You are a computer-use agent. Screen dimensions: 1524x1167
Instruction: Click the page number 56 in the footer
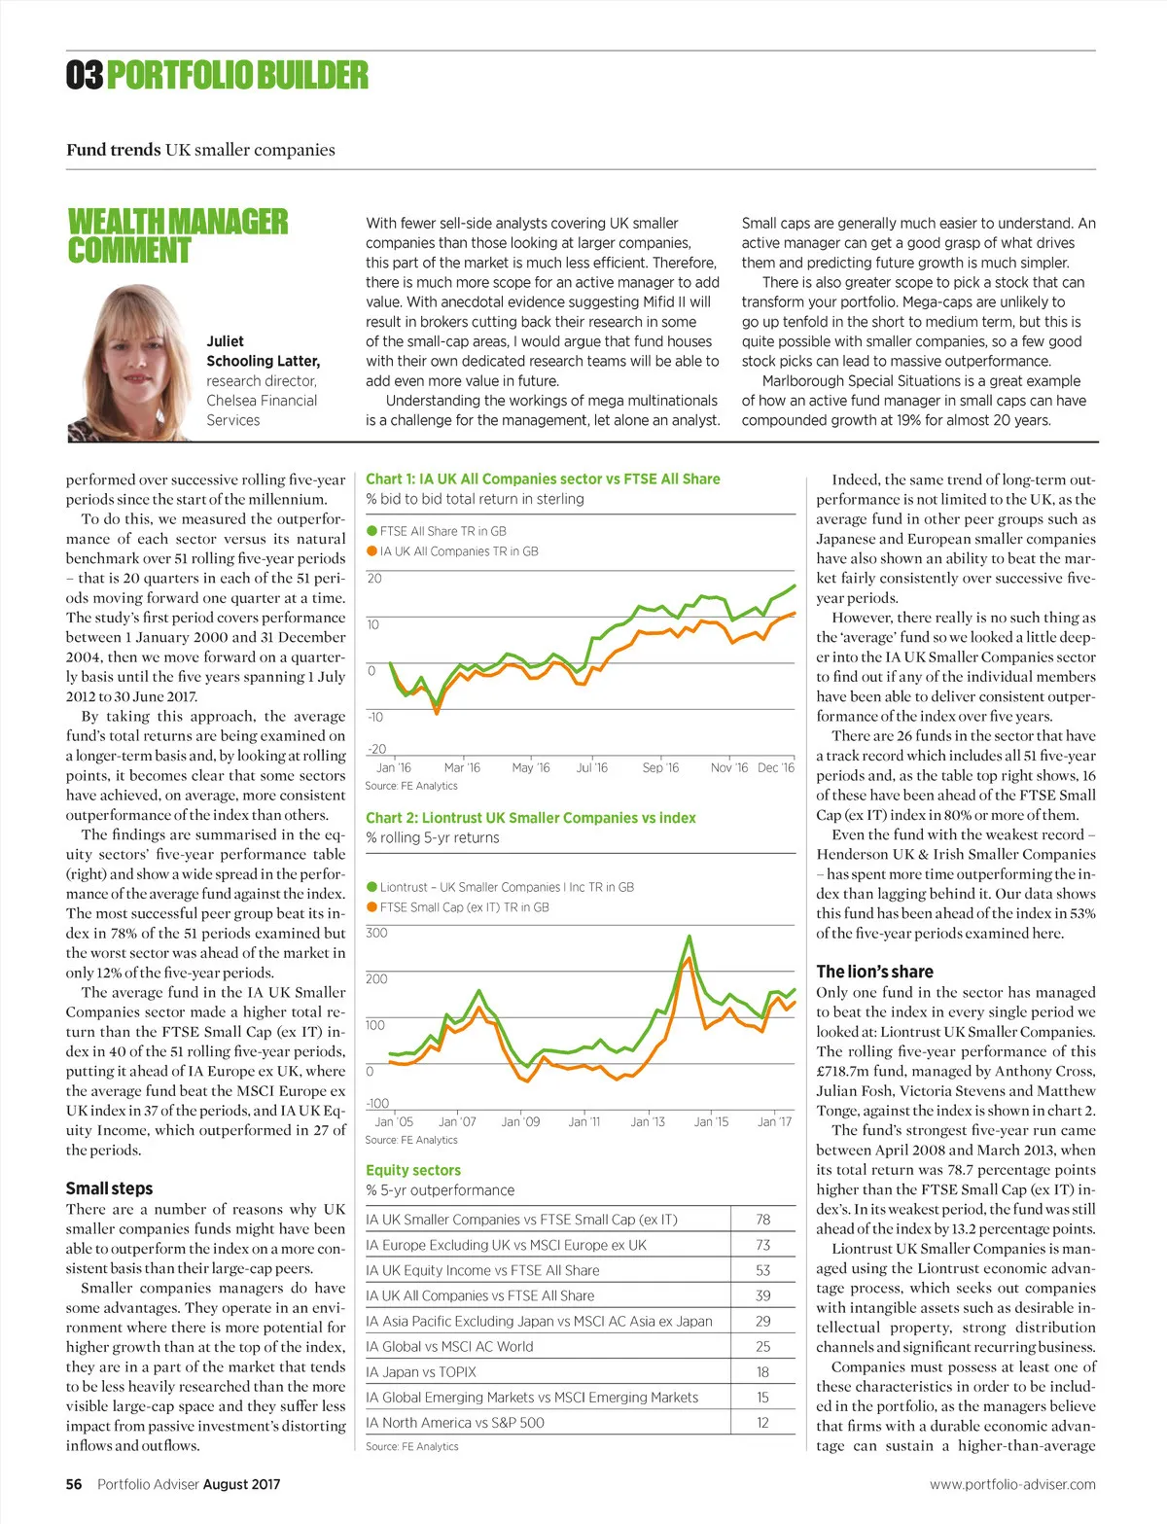tap(74, 1484)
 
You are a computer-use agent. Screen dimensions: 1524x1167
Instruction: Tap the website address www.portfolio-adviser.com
tap(1012, 1484)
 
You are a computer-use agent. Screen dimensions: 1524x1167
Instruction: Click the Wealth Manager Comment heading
tap(177, 236)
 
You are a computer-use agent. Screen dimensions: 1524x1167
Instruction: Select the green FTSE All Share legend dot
tap(371, 531)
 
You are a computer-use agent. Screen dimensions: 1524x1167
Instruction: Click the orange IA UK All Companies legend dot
tap(371, 551)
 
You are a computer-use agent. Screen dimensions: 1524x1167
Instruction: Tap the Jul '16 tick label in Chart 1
tap(591, 768)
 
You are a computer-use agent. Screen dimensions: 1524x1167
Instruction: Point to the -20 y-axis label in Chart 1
tap(375, 749)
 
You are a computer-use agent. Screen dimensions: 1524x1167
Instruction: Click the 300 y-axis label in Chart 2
tap(375, 933)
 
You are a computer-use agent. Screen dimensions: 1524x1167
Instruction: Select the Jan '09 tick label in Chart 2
tap(520, 1122)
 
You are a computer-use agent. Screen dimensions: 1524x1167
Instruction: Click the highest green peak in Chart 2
tap(690, 938)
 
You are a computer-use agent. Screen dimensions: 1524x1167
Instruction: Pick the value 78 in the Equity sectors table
tap(762, 1220)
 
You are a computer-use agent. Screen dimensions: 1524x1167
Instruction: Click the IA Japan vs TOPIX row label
tap(421, 1372)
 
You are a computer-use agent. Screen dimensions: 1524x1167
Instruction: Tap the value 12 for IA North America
tap(762, 1423)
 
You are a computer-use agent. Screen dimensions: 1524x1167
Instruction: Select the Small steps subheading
tap(109, 1188)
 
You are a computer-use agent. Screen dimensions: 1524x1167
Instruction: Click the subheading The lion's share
tap(874, 972)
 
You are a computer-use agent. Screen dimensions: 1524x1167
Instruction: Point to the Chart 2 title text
tap(530, 818)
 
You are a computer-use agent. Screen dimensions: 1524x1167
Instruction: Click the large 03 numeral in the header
tap(85, 76)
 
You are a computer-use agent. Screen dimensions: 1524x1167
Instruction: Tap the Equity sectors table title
tap(413, 1170)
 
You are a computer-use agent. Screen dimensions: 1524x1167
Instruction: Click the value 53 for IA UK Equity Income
tap(762, 1270)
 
